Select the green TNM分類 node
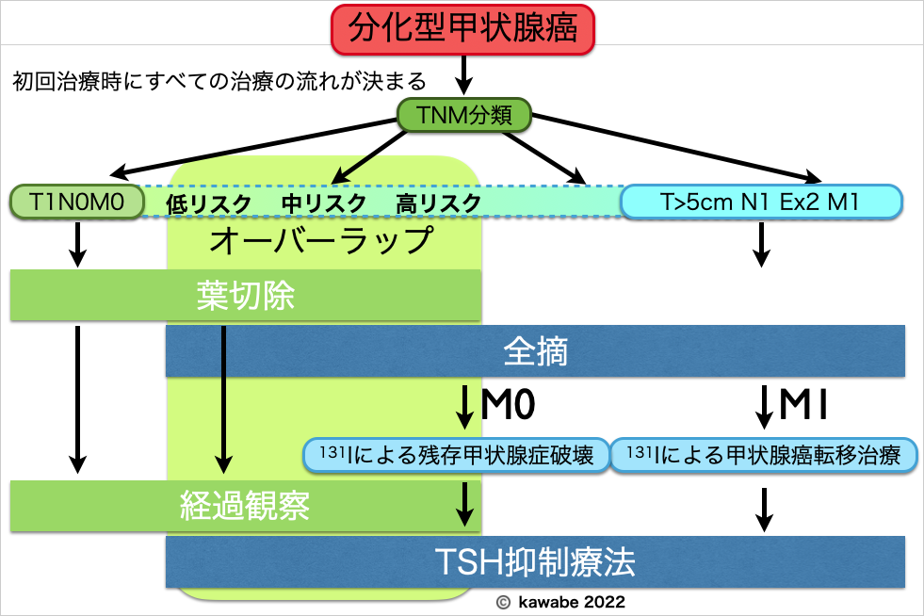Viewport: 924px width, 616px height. tap(463, 116)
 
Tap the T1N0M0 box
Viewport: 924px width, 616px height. tap(76, 201)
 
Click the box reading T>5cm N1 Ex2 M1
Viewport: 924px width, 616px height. tap(760, 201)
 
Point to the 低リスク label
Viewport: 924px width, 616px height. tap(208, 203)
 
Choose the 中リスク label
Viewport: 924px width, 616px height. tap(323, 203)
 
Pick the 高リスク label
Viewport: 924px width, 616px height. tap(438, 203)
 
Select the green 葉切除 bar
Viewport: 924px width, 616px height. tap(246, 296)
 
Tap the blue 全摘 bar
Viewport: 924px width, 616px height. tap(535, 351)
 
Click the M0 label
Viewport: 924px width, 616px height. tap(509, 405)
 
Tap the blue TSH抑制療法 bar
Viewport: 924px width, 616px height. tap(535, 562)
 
